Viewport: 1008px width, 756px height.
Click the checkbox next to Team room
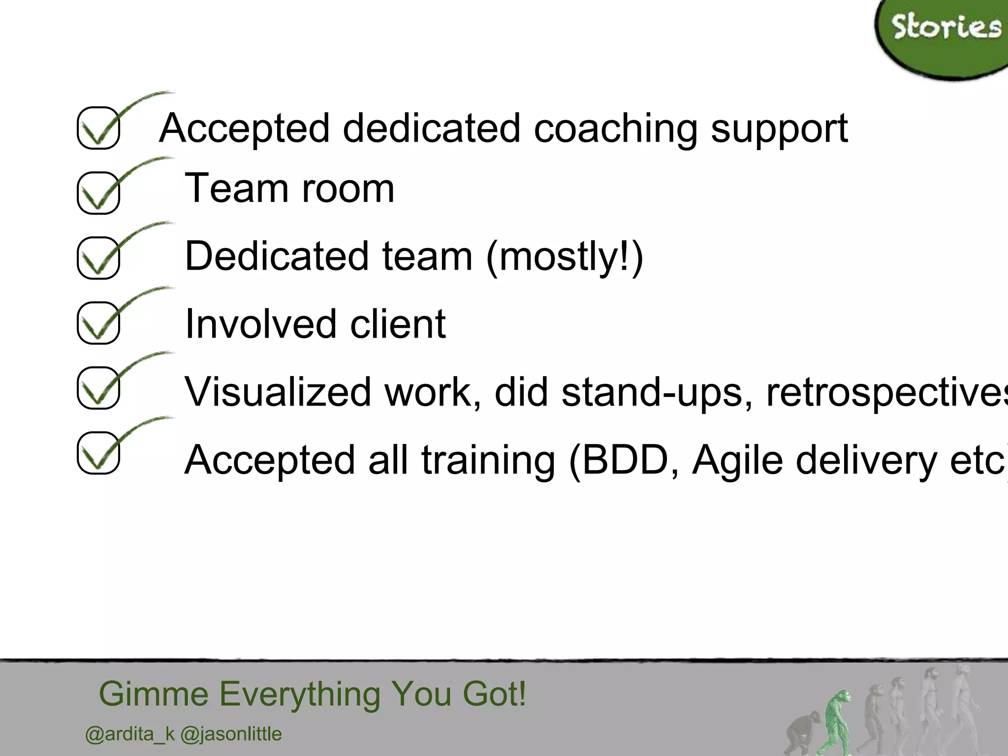[98, 193]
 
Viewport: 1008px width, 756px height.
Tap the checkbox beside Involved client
[98, 323]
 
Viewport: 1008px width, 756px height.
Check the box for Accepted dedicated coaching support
[98, 128]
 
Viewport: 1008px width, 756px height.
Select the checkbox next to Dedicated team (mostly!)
[98, 258]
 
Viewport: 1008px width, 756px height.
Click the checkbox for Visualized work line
[98, 388]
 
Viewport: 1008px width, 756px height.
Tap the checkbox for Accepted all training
[98, 453]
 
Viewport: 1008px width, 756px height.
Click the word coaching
[615, 129]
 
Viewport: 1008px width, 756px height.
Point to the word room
[348, 189]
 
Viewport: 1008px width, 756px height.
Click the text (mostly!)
[565, 256]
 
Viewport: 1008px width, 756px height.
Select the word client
[398, 324]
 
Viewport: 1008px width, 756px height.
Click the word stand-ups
[657, 392]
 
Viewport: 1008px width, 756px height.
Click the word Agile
[737, 460]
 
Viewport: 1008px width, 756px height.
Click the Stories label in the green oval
[946, 28]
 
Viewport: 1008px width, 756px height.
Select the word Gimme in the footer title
[154, 694]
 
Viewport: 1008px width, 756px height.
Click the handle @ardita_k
[130, 734]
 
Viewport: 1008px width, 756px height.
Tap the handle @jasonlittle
[231, 734]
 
